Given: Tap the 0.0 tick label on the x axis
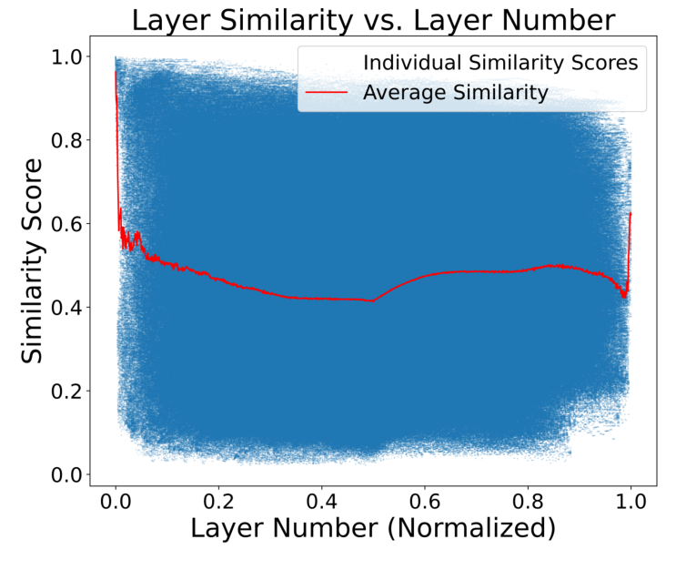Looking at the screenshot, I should click(116, 503).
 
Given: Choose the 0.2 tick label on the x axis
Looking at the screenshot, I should click(218, 503).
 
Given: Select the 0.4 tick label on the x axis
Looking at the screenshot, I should click(321, 503).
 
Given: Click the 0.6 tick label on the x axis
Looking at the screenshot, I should click(425, 503).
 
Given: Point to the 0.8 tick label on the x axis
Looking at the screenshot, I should click(528, 503).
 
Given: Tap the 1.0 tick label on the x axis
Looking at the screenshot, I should click(631, 503).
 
